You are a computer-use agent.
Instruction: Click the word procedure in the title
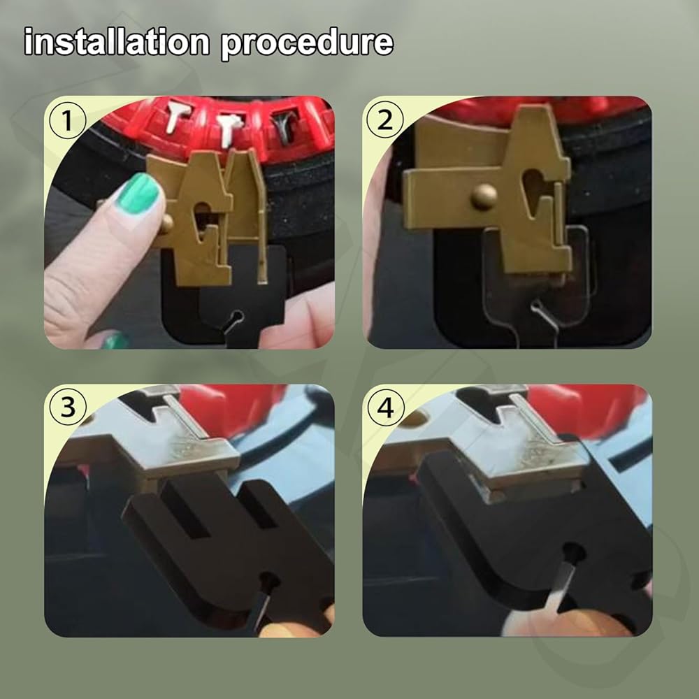click(x=307, y=43)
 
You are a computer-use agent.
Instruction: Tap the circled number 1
click(x=67, y=120)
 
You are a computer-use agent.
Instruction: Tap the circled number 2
click(x=385, y=120)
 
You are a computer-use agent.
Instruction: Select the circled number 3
click(x=67, y=407)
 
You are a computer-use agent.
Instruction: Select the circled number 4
click(x=386, y=407)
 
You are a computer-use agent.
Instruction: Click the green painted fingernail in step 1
click(x=139, y=194)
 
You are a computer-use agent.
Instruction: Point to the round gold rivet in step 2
click(x=484, y=196)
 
